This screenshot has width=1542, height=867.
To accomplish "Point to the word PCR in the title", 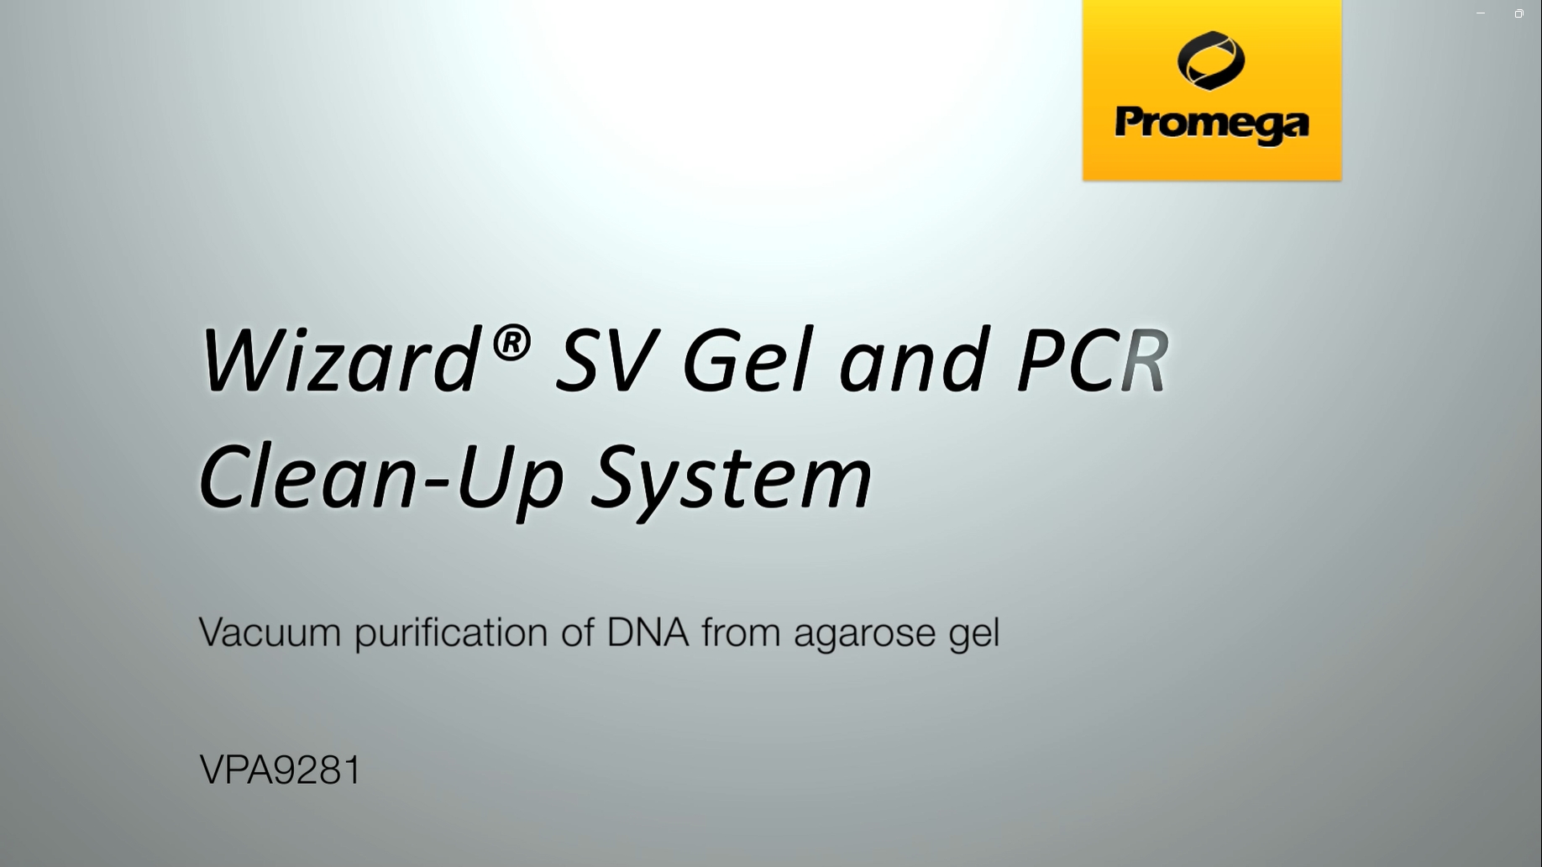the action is pos(1092,361).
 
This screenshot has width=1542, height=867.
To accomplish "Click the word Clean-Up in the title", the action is pos(380,477).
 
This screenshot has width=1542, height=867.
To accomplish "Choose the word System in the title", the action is pos(732,477).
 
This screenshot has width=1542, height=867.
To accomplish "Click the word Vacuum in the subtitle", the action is pos(270,633).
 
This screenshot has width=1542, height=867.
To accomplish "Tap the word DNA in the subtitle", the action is pos(648,633).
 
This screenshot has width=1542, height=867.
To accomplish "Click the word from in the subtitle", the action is pos(742,632).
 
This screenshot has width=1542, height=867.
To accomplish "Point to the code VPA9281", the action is pos(281,770).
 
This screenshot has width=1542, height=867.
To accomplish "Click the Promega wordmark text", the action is pos(1212,125).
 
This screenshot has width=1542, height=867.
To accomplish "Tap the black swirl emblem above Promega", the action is pos(1211,60).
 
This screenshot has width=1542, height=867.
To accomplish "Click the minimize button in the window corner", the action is pos(1481,13).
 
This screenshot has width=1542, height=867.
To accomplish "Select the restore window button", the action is pos(1518,13).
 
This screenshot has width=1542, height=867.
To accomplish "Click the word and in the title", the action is pos(911,361).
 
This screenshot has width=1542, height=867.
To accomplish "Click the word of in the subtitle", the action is pos(577,632).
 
